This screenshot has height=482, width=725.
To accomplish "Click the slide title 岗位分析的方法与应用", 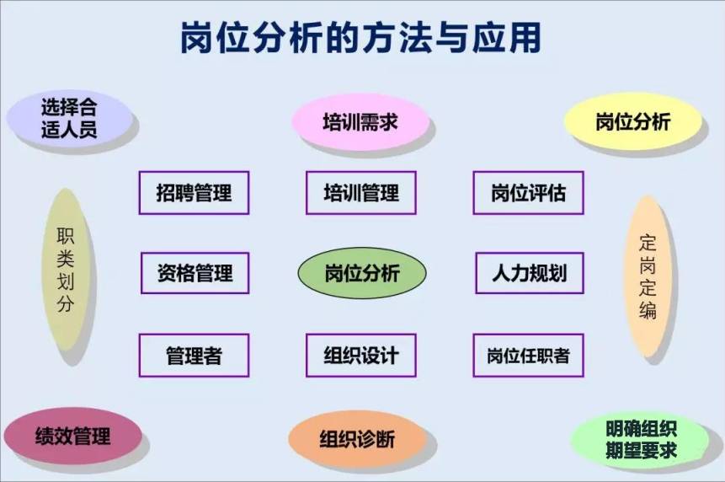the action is coord(360,37).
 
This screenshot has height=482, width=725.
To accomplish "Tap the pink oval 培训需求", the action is coord(360,122).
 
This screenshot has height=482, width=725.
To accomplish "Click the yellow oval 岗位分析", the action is coord(632,121).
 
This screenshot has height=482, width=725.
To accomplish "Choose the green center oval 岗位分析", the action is coord(361,272).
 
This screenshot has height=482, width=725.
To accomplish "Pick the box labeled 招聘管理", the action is coord(194,192).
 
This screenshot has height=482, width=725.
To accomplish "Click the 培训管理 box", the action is coord(360,192).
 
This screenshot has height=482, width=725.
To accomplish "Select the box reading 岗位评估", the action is coord(528,192).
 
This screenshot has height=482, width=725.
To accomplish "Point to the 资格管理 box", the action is coord(195,273).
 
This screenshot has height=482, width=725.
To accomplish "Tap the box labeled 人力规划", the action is coord(530,273).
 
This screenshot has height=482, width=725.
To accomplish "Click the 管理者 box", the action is coord(194,356).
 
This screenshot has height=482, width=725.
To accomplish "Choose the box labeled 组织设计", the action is coord(360,356).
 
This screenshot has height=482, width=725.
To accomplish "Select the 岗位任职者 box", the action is coord(528,356).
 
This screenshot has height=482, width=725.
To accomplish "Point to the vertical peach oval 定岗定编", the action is coord(648,276).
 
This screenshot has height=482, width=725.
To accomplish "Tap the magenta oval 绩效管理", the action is coord(72,436).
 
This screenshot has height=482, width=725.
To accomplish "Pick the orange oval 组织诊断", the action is coord(357,438).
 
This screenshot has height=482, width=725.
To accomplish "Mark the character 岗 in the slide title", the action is coord(197,38).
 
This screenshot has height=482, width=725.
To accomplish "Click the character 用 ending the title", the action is coord(525,38).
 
